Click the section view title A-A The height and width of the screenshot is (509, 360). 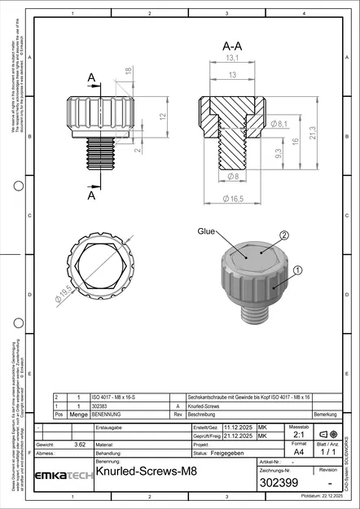pyautogui.click(x=232, y=48)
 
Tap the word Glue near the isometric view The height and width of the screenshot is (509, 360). pyautogui.click(x=205, y=232)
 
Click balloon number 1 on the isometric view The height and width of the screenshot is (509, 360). pyautogui.click(x=297, y=269)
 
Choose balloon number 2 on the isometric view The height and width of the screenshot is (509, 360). pyautogui.click(x=284, y=235)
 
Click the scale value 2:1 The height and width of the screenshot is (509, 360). pyautogui.click(x=298, y=435)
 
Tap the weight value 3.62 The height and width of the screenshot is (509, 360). pyautogui.click(x=80, y=445)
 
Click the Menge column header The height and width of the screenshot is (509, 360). pyautogui.click(x=78, y=415)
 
